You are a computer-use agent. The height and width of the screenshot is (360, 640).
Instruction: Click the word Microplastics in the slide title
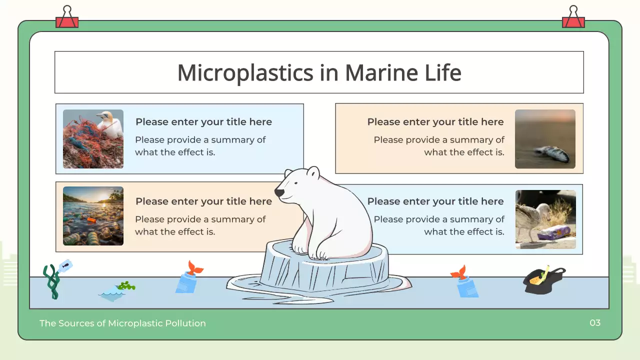(x=245, y=73)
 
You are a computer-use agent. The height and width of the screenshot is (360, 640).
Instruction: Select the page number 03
(x=595, y=323)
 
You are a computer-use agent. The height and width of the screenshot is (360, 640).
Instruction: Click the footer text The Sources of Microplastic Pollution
(x=122, y=323)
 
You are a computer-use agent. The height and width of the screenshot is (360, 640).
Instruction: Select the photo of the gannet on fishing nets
(x=93, y=139)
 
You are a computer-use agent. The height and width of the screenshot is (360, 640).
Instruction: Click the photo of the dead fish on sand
(x=545, y=139)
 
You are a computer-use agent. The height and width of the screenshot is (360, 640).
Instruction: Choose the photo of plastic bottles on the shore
(x=93, y=216)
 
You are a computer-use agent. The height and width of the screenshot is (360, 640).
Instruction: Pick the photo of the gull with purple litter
(x=545, y=219)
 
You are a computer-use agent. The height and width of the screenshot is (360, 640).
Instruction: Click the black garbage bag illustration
(x=543, y=280)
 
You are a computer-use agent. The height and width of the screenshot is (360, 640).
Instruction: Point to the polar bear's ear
(x=312, y=173)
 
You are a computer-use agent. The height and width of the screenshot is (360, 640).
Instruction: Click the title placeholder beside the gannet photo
(x=203, y=122)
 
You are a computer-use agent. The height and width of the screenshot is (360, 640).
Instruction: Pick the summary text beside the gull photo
(x=439, y=225)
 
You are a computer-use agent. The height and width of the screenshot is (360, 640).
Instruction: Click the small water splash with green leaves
(x=116, y=291)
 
